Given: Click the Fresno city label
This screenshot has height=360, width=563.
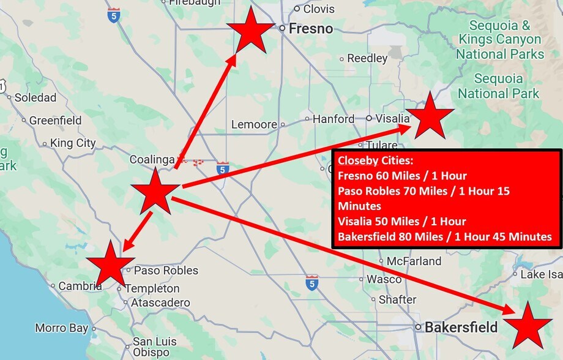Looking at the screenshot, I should (x=310, y=29).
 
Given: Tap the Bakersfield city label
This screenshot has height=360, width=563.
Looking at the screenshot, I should (x=461, y=327).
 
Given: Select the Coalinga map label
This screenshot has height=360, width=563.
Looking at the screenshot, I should (x=152, y=160).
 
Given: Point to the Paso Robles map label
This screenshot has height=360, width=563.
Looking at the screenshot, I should (x=166, y=270).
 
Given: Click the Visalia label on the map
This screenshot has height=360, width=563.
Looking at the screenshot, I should (x=392, y=118).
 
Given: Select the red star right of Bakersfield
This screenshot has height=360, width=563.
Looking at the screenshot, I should (x=526, y=326).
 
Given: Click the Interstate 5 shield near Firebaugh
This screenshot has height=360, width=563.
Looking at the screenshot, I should (x=113, y=15).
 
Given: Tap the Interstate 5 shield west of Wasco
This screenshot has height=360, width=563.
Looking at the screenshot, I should (x=312, y=283).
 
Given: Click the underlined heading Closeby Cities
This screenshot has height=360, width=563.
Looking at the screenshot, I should (x=375, y=162).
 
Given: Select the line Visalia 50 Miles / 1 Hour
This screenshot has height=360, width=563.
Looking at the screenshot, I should (x=401, y=222).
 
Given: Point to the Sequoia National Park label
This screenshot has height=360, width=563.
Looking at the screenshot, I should (x=499, y=86).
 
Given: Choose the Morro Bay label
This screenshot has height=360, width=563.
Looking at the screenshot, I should (x=61, y=328).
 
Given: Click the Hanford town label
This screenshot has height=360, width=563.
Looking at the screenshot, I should (x=333, y=119).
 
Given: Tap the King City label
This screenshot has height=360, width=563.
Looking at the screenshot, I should (x=73, y=143).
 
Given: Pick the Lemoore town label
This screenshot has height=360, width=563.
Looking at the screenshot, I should (x=254, y=124).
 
